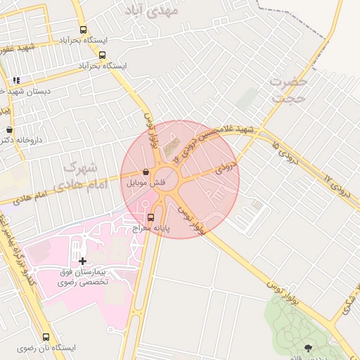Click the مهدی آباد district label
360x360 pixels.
150,8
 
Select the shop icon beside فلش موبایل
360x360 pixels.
146,172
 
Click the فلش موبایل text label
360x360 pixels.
146,182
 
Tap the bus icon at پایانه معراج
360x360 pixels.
150,217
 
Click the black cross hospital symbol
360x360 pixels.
83,261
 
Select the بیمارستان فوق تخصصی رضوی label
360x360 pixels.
84,276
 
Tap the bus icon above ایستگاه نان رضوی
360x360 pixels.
46,337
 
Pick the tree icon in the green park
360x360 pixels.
308,347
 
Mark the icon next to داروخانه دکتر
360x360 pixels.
9,130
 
